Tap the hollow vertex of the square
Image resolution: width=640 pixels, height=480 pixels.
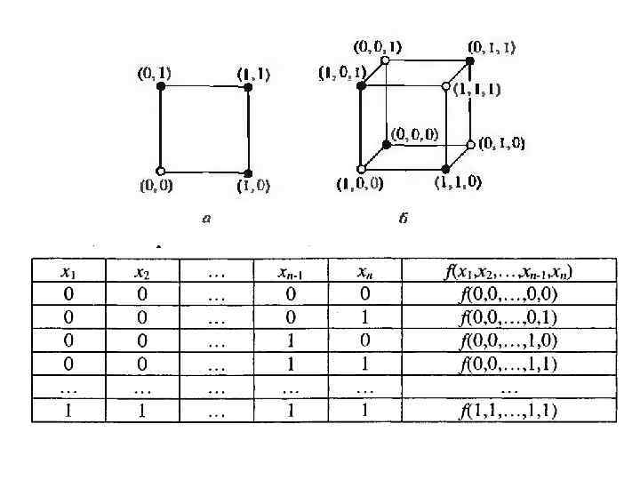coord(160,171)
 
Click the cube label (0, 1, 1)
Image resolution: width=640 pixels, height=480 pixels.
coord(493,47)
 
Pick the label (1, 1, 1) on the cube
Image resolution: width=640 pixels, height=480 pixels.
coord(477,89)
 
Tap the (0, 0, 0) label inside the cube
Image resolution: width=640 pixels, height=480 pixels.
coord(417,134)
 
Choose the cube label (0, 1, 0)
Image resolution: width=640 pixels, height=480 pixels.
coord(501,143)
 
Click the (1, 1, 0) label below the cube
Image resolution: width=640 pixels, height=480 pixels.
coord(459,183)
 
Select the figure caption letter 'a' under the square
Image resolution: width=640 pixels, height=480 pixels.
coord(206,220)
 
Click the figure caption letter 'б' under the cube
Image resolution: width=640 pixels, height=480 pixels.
coord(403,220)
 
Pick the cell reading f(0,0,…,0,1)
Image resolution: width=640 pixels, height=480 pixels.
coord(508,317)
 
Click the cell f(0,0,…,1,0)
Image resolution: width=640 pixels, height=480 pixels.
coord(508,340)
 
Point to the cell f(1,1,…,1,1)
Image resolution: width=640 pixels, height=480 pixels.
coord(508,411)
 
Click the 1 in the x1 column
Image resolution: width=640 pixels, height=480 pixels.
coord(68,411)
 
